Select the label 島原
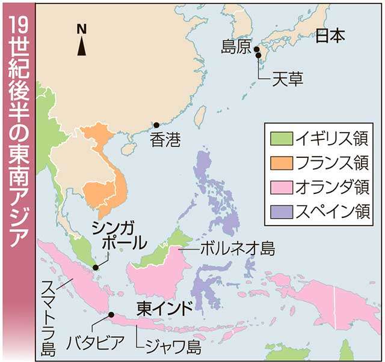coord(236,48)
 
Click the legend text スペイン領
coord(330,211)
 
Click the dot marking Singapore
coord(94,267)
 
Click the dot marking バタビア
coord(111,314)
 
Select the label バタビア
coord(99,343)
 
